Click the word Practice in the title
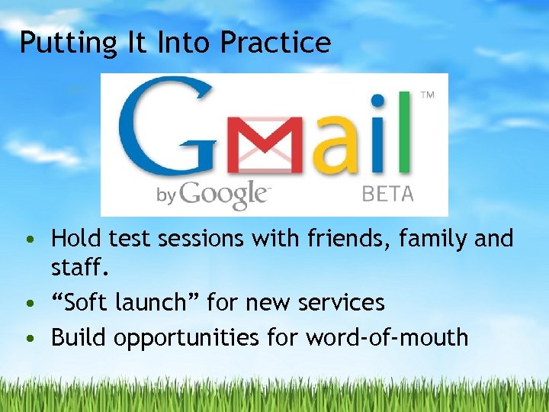[275, 43]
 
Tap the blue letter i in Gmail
[376, 131]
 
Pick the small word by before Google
[167, 195]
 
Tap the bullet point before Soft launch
[28, 304]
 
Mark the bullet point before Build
[28, 337]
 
